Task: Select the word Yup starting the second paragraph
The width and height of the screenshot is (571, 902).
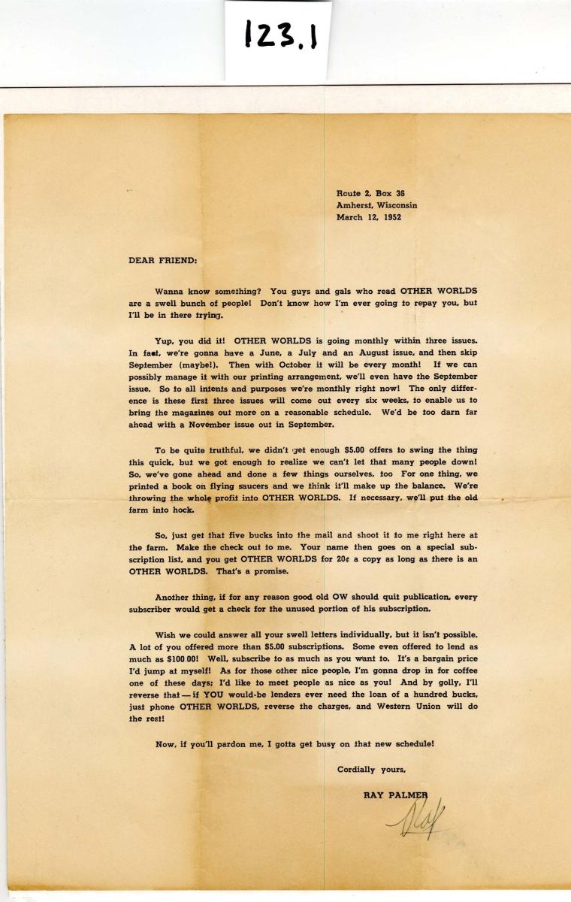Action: (165, 339)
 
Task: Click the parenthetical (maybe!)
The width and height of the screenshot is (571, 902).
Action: (195, 365)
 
